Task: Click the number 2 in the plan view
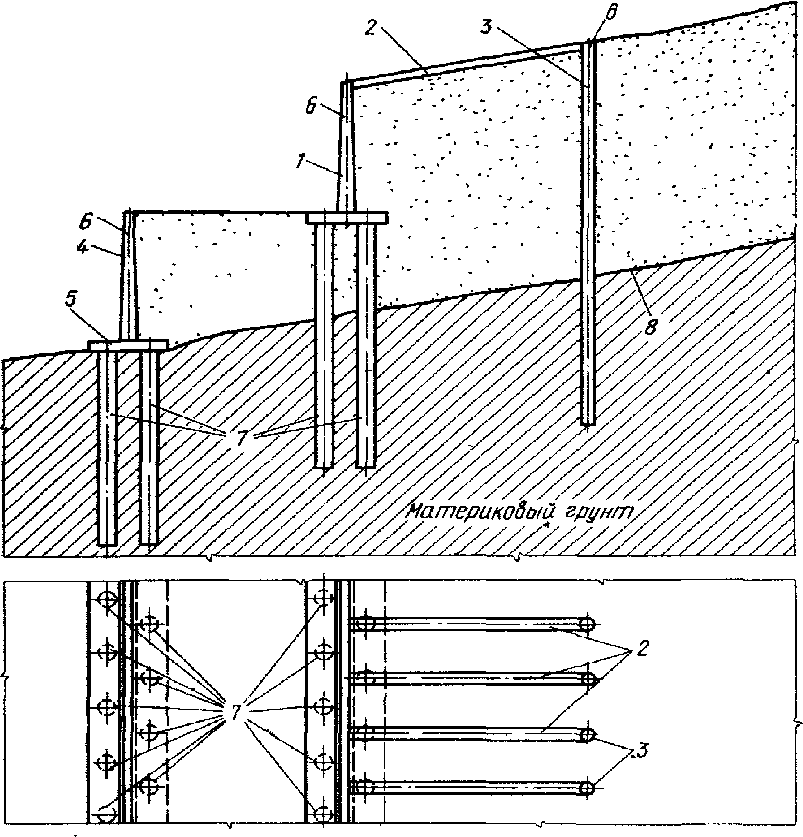641,651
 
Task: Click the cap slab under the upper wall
347,217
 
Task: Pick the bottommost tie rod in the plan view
471,788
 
